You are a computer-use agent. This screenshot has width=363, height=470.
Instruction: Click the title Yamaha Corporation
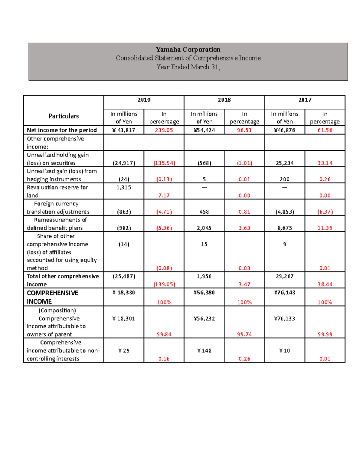188,49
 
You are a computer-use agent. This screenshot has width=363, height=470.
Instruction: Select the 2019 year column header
144,100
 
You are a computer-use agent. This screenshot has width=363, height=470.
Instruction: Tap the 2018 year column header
224,100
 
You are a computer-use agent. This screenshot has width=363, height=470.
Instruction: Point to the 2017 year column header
305,100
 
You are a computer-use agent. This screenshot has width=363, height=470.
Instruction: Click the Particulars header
64,116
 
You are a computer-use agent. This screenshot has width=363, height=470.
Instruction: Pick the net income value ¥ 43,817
124,130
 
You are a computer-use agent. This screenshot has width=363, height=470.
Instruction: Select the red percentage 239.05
164,130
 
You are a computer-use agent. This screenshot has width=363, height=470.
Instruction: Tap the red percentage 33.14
325,163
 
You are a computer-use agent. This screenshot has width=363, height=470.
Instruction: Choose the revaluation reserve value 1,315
124,188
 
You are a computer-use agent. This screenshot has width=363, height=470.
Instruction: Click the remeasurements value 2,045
204,228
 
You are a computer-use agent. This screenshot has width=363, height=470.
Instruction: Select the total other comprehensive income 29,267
285,276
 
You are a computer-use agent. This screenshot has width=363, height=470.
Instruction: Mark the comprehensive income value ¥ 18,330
124,293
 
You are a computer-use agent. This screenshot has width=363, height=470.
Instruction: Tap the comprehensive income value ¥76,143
285,293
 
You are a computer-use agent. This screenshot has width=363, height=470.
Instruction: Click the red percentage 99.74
244,334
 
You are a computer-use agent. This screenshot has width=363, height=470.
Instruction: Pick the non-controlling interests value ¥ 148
204,351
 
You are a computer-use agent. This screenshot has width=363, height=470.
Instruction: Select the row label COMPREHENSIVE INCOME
53,297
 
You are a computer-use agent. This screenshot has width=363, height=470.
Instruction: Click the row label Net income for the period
62,130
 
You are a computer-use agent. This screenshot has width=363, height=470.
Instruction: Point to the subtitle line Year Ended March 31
188,67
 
